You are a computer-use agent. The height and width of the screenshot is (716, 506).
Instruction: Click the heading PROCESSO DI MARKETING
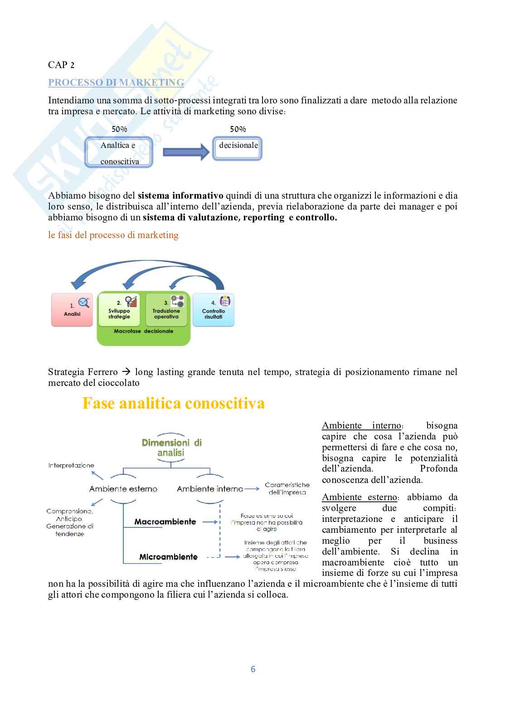(x=116, y=83)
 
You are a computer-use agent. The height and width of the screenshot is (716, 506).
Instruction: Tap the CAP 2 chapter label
(x=61, y=65)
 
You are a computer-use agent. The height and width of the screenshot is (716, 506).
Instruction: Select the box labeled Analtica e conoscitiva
(x=119, y=153)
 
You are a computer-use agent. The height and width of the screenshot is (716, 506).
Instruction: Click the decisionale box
(x=238, y=146)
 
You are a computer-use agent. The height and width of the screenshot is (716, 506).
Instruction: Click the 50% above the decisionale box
(x=238, y=129)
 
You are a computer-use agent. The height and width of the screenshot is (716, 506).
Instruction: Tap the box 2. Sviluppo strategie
(x=119, y=310)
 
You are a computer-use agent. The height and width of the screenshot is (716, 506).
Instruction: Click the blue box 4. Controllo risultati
(x=213, y=310)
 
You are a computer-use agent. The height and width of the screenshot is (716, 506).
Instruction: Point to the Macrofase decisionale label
(x=144, y=331)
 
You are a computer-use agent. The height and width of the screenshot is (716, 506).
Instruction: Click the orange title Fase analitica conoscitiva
(x=173, y=403)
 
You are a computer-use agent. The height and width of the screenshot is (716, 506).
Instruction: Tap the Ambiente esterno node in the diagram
(x=123, y=489)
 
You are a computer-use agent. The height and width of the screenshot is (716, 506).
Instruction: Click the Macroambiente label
(x=165, y=521)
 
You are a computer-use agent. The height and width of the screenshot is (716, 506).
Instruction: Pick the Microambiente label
(x=168, y=556)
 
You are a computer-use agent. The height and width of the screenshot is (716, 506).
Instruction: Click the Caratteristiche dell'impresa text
(x=287, y=488)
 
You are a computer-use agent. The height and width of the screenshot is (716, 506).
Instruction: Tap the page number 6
(x=253, y=669)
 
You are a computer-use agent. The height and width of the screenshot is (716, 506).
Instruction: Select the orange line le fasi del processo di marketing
(x=113, y=235)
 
